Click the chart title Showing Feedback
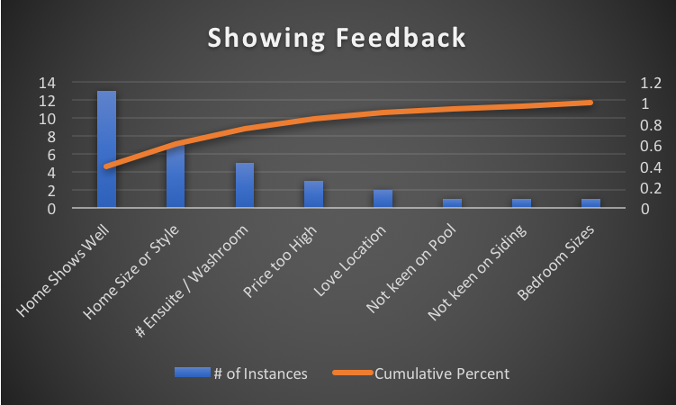338,39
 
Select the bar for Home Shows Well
106,149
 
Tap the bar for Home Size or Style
176,177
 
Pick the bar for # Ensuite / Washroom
245,185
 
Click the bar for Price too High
313,194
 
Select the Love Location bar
383,199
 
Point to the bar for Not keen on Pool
452,203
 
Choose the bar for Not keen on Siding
521,203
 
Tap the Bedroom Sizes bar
590,203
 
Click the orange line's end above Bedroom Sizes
590,103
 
